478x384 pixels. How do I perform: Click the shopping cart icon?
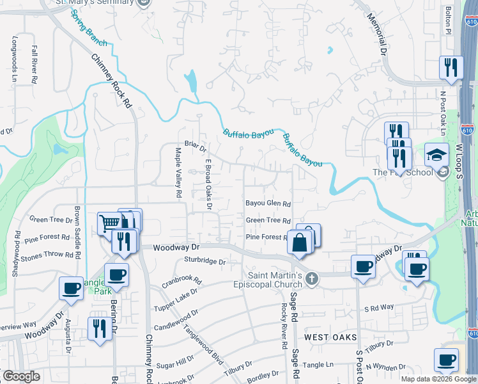point(109,223)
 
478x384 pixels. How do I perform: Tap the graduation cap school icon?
point(437,156)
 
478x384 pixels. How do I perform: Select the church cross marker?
point(311,278)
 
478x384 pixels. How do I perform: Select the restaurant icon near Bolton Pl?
point(451,67)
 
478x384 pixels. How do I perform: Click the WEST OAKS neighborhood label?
point(325,337)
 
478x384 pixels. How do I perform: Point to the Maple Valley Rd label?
point(178,172)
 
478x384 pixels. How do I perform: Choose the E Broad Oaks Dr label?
point(208,184)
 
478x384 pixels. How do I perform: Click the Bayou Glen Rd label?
point(268,204)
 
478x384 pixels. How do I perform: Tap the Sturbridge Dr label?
point(205,261)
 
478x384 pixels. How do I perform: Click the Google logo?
point(21,376)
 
